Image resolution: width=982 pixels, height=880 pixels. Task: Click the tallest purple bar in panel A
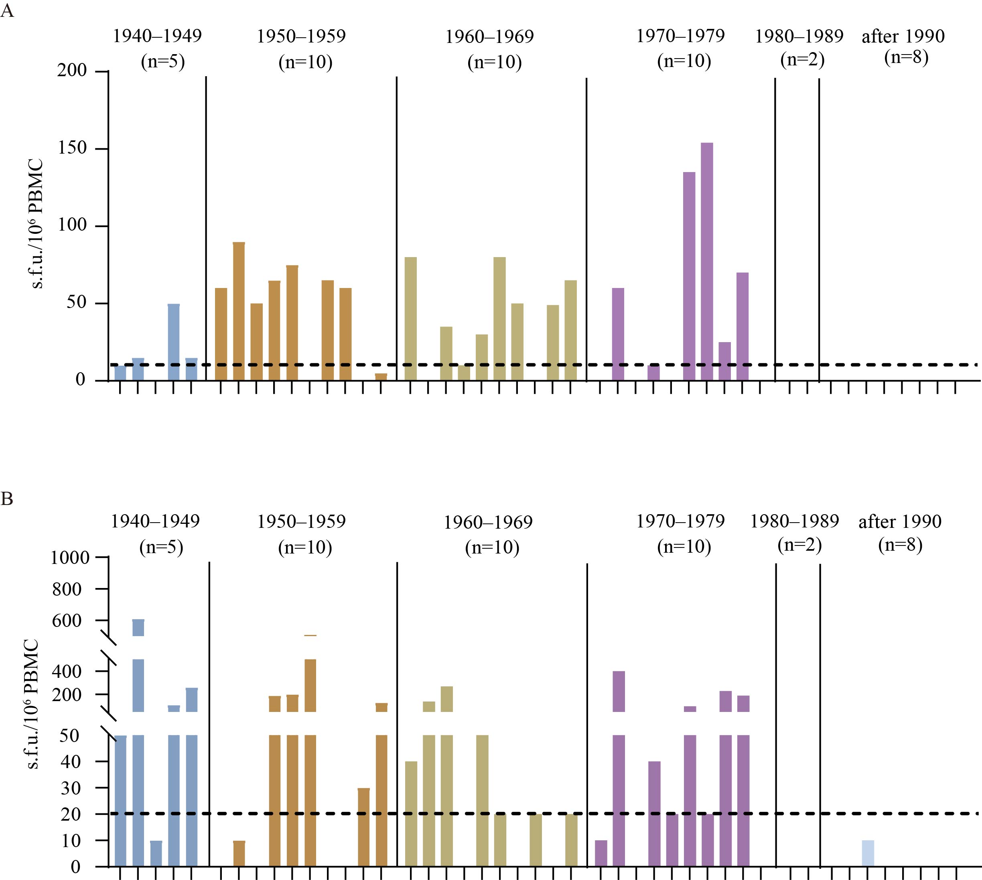pyautogui.click(x=706, y=261)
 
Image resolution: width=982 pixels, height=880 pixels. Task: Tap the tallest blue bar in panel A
pyautogui.click(x=174, y=342)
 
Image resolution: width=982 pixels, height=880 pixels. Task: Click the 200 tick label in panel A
pyautogui.click(x=72, y=71)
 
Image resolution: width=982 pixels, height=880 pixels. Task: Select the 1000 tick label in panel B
pyautogui.click(x=70, y=558)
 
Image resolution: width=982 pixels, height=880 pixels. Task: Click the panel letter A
pyautogui.click(x=7, y=11)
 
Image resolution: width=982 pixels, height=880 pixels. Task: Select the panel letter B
pyautogui.click(x=7, y=499)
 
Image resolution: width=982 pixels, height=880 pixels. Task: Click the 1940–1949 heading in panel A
pyautogui.click(x=157, y=36)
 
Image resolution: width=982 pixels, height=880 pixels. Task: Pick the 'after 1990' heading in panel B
pyautogui.click(x=900, y=522)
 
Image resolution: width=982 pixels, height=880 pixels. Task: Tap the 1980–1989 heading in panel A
pyautogui.click(x=799, y=36)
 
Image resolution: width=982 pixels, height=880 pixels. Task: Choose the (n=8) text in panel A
pyautogui.click(x=906, y=57)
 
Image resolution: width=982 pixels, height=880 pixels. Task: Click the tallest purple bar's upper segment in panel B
pyautogui.click(x=619, y=691)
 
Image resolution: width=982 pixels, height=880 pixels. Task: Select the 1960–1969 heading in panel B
pyautogui.click(x=488, y=523)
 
